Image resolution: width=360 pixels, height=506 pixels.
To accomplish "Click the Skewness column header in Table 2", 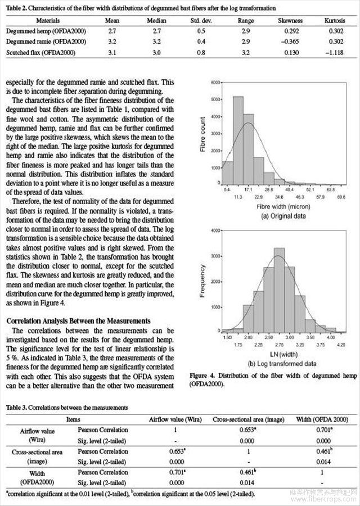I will (290, 20).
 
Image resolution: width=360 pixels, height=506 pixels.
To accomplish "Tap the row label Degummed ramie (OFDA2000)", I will (38, 42).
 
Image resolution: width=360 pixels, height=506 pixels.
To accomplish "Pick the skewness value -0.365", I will (290, 42).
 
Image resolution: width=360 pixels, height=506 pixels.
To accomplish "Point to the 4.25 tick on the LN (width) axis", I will (343, 344).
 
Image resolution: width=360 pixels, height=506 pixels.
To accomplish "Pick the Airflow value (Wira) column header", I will (175, 419).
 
